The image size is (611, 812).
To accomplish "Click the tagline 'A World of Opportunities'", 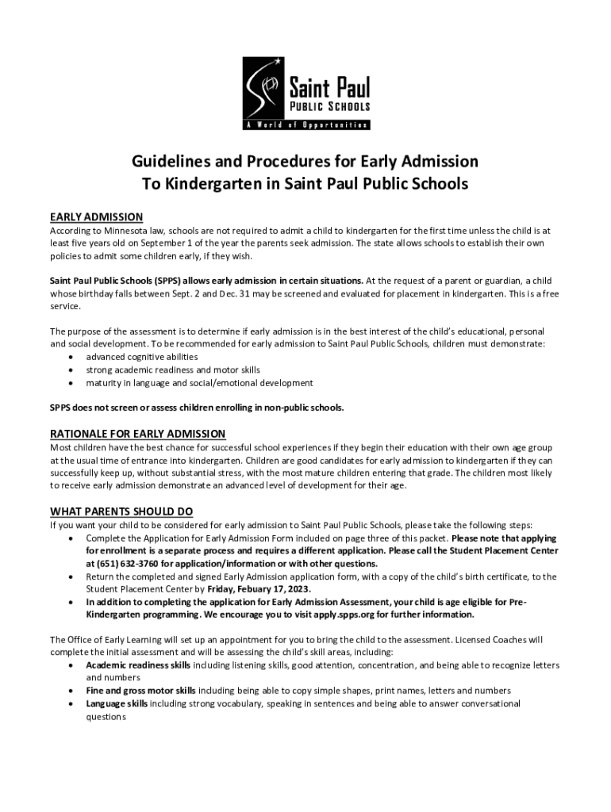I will click(305, 125).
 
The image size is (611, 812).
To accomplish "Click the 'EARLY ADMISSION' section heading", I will click(96, 216).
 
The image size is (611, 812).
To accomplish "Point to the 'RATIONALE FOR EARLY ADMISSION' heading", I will click(138, 434).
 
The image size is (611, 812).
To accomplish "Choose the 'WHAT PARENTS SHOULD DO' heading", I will click(121, 511).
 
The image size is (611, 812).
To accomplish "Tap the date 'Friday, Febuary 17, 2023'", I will click(259, 589).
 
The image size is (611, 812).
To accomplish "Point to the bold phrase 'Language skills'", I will click(117, 703).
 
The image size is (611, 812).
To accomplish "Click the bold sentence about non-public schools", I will click(197, 408).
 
